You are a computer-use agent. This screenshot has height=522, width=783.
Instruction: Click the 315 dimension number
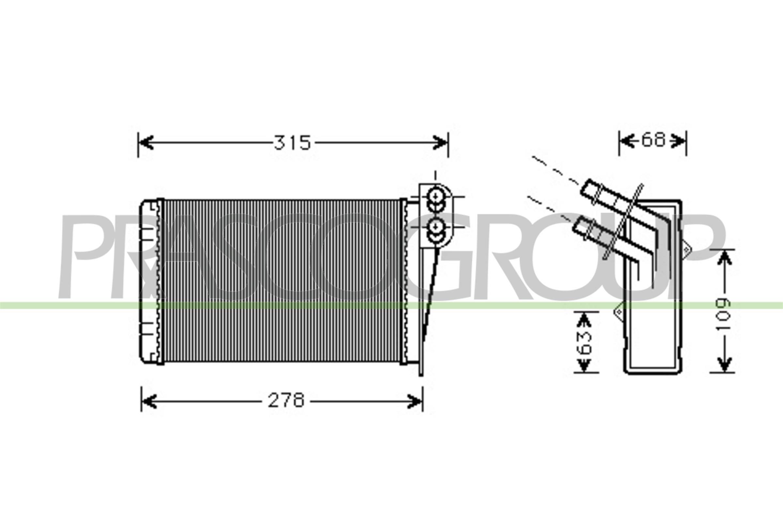click(292, 143)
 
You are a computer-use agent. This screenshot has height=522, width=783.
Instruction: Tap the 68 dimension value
click(653, 140)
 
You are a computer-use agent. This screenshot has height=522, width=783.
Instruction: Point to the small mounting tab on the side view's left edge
click(618, 312)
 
